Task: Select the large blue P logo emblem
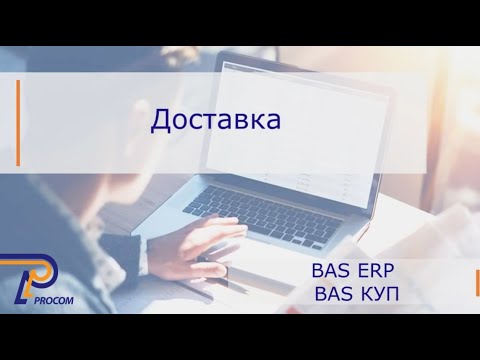pos(38,282)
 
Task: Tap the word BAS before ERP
pos(332,271)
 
